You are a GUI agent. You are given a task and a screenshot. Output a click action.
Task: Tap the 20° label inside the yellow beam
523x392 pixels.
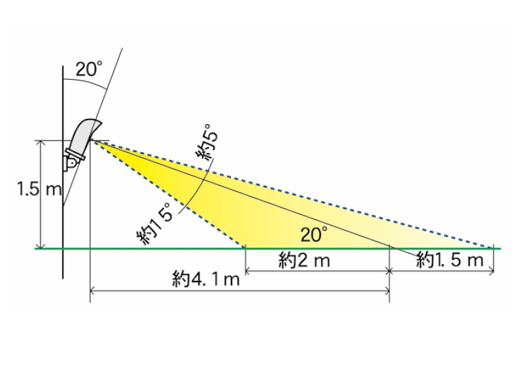314,235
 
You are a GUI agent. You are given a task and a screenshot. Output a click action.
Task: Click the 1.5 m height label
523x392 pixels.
40,189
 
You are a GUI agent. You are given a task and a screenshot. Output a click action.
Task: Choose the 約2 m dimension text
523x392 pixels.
304,260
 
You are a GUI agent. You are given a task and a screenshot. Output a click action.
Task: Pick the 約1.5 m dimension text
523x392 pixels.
450,259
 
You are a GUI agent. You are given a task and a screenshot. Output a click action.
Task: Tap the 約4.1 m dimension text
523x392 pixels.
206,279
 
